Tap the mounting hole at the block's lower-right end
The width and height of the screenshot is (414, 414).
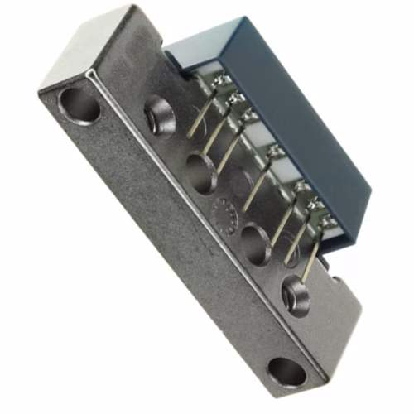pos(286,370)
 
